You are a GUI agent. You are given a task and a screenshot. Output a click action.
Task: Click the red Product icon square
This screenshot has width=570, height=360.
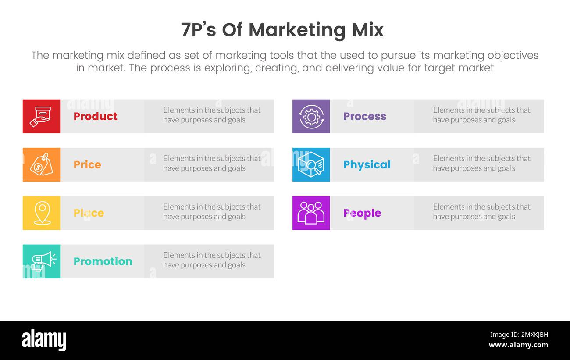41,116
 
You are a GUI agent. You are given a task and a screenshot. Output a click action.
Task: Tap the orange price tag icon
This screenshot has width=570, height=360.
41,164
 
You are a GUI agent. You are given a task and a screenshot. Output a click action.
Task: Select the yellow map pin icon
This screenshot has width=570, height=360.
41,213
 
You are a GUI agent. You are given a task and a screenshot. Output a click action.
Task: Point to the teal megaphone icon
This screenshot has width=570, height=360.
41,261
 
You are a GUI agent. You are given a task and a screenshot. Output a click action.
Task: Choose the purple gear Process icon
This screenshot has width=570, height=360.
311,116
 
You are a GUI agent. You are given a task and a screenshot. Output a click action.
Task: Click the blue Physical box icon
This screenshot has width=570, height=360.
311,164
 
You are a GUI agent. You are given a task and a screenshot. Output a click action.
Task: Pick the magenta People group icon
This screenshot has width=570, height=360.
311,213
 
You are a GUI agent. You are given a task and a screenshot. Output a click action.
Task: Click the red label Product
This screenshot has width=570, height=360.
95,116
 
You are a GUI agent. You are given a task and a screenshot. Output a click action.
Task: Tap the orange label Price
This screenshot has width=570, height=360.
87,164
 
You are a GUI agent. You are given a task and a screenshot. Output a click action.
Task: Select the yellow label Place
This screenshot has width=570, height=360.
89,213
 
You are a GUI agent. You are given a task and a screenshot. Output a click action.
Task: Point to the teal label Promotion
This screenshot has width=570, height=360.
103,261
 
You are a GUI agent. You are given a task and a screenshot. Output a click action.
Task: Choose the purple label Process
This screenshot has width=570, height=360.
364,116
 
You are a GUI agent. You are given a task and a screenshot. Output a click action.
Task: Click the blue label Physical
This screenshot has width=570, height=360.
367,165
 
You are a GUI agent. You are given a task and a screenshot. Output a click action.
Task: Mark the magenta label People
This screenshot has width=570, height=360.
362,213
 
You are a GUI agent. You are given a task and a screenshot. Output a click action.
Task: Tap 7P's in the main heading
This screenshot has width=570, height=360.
199,30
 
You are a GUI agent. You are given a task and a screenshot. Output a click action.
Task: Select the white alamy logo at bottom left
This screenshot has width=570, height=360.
44,340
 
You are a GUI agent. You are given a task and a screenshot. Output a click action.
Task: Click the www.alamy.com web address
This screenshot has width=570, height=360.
518,345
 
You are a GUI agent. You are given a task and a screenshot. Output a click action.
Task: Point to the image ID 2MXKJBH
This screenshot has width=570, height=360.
519,335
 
